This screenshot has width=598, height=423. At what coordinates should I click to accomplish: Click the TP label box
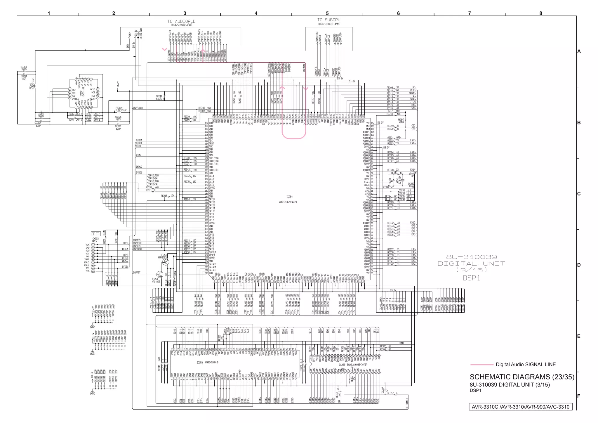96,234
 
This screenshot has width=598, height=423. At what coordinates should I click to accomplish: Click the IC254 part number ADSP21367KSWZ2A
288,202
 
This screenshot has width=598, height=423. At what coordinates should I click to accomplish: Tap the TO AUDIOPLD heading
181,21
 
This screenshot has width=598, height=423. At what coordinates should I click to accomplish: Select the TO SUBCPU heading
329,20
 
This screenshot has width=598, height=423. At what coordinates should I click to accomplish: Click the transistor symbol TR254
165,262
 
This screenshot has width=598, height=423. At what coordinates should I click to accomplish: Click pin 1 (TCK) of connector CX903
93,245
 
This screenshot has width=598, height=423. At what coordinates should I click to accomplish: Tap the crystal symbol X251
403,180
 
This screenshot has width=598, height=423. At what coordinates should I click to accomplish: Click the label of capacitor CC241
159,98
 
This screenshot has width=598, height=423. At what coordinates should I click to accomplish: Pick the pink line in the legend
481,365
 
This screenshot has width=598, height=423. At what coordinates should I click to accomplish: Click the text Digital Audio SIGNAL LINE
525,365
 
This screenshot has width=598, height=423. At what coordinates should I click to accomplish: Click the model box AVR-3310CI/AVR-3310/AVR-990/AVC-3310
520,407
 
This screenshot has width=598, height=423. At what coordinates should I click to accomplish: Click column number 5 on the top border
327,13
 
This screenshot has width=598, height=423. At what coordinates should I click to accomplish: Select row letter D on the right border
579,265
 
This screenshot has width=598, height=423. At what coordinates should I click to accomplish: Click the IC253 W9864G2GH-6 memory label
207,363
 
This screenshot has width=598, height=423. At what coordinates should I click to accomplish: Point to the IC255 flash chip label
353,365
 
